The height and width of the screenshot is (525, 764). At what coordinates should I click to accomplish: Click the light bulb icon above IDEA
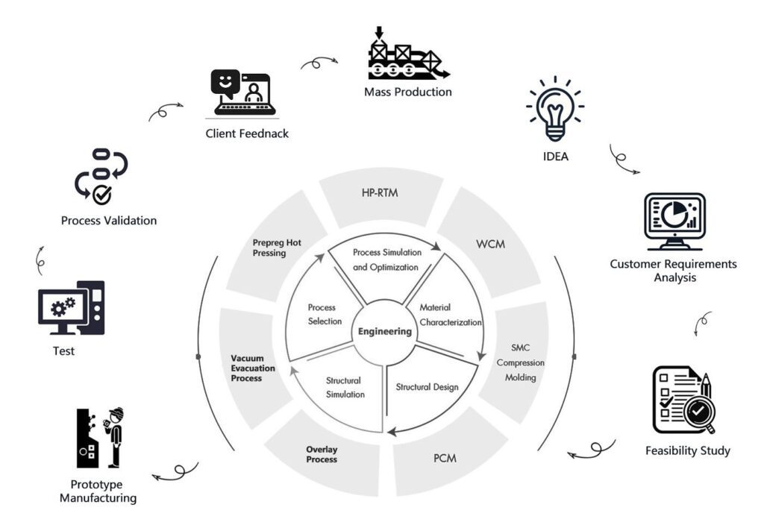tap(554, 108)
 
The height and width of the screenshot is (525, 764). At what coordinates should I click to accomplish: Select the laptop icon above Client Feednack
tap(243, 93)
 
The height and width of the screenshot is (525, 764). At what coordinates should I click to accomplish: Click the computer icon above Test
tap(71, 307)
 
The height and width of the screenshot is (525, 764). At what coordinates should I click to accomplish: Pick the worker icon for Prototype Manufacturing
tap(99, 438)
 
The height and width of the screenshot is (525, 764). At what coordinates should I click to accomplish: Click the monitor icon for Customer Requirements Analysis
tap(674, 221)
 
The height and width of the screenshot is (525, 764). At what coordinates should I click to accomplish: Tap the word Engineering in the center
tap(384, 331)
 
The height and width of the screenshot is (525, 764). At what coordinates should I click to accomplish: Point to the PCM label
tap(445, 457)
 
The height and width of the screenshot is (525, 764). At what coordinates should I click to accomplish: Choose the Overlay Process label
tap(322, 454)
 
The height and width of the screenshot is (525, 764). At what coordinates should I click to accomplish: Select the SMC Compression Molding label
tap(520, 362)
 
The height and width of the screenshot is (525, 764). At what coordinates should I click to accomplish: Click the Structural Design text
tap(427, 387)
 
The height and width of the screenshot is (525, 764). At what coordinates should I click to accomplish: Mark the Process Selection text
tap(322, 315)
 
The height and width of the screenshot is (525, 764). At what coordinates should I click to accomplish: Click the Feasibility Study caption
tap(687, 450)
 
